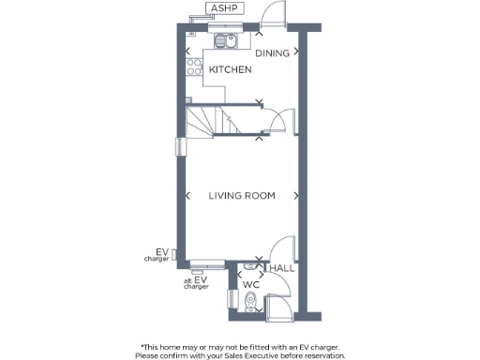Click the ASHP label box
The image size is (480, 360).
[x=224, y=8]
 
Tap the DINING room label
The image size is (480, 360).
[x=272, y=53]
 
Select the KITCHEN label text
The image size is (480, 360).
[x=230, y=70]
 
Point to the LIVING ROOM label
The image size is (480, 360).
[x=242, y=196]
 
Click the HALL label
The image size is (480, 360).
[x=282, y=268]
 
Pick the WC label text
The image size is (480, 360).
[x=251, y=284]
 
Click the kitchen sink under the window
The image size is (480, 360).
[x=226, y=40]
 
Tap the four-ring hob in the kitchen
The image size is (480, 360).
[x=196, y=67]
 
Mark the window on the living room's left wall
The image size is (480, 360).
[x=178, y=146]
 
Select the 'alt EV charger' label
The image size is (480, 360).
[x=198, y=282]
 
